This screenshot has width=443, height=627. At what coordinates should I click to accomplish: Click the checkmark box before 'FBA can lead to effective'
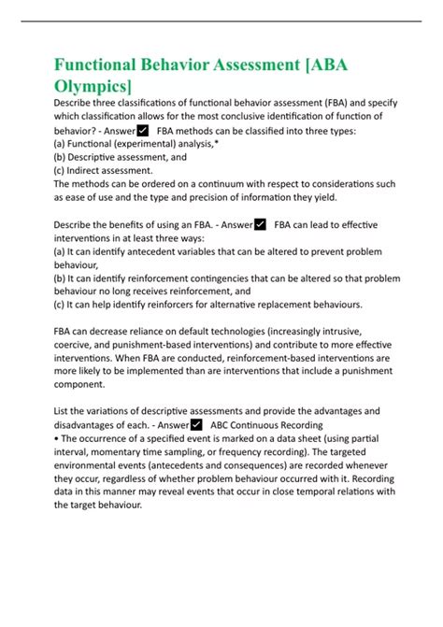click(260, 223)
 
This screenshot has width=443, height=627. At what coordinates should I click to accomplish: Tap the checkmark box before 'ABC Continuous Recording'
click(197, 423)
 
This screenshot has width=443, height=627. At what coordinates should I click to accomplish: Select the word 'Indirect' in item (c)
click(92, 170)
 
